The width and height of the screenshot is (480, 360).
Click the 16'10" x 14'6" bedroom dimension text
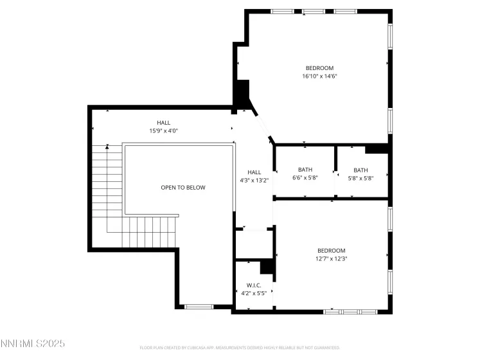click(319, 76)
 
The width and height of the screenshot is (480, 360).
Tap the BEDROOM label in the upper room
click(319, 67)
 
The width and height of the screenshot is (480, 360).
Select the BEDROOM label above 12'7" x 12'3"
click(331, 251)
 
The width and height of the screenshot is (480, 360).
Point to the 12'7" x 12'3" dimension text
click(331, 259)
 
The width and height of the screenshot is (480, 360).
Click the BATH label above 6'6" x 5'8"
click(305, 170)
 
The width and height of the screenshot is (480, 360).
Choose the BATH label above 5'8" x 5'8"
click(360, 170)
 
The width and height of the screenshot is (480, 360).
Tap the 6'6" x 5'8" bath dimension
click(305, 178)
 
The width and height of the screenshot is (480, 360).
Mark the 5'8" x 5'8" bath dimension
click(360, 178)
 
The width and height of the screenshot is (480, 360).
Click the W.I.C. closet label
click(254, 285)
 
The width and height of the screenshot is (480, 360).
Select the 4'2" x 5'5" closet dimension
click(254, 294)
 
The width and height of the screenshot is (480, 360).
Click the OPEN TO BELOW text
click(183, 188)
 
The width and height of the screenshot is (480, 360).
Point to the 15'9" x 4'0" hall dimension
click(164, 130)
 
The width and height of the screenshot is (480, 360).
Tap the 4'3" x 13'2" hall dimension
click(254, 181)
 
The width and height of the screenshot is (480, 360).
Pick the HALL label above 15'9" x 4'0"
click(164, 122)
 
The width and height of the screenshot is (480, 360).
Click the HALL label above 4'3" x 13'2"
click(254, 172)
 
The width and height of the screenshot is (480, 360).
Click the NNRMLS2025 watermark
click(33, 344)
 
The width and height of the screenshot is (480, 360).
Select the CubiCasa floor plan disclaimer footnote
click(240, 348)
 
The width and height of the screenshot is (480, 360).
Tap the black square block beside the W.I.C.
click(267, 267)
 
